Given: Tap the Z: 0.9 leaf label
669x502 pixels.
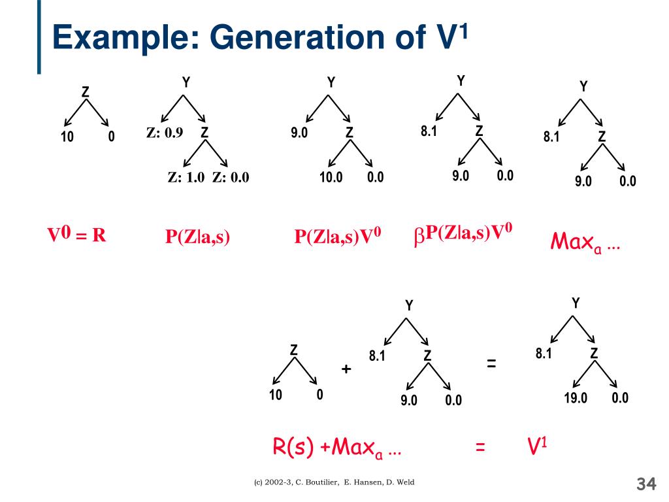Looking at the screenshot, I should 165,133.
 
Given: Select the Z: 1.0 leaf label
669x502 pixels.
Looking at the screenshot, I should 186,177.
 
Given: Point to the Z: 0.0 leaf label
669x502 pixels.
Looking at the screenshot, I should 231,177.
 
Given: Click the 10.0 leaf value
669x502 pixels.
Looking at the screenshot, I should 331,177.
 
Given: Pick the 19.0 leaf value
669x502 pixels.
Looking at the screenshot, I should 576,397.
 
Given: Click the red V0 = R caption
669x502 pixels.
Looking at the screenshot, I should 76,235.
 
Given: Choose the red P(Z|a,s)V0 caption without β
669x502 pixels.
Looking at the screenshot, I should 338,237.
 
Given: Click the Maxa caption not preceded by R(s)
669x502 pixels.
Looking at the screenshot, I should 585,243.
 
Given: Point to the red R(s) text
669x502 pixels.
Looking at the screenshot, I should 293,448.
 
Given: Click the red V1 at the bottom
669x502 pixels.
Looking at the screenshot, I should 537,446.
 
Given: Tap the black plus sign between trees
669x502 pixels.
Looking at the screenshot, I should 346,369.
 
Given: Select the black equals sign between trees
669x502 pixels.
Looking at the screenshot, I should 491,364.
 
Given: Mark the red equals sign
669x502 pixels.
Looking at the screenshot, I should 481,448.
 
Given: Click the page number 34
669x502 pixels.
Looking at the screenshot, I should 645,484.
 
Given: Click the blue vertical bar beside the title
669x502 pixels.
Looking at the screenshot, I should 39,36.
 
